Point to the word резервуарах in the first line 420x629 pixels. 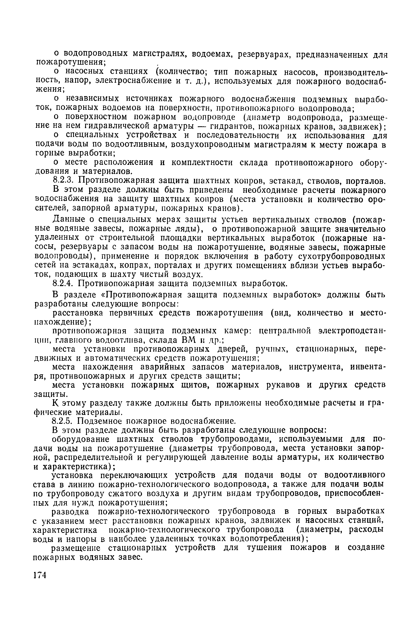click(264, 55)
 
